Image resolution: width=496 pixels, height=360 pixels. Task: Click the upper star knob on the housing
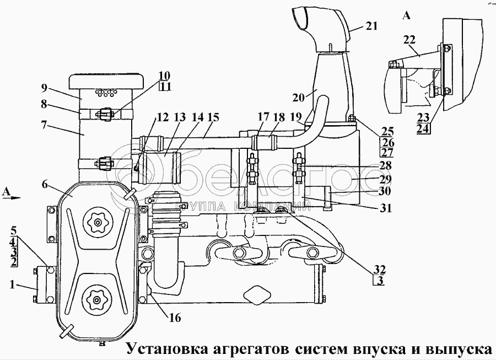98,222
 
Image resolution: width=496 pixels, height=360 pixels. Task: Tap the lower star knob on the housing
98,299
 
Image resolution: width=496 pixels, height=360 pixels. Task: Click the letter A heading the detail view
407,16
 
